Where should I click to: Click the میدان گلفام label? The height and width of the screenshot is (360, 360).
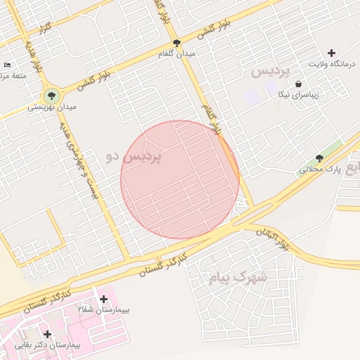pos(195,53)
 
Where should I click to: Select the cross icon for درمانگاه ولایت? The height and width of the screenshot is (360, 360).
pos(332,53)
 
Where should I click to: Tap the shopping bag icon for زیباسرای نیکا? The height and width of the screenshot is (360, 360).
pos(299,83)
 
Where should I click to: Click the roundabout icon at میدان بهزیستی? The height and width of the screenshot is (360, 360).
pos(51,94)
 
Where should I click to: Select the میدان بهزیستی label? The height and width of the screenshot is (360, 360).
pos(52,108)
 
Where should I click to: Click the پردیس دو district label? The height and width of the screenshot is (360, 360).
pos(134,157)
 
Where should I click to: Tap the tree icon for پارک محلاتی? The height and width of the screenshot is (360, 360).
pos(320,158)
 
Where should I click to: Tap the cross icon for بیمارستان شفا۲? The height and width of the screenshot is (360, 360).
pos(103,299)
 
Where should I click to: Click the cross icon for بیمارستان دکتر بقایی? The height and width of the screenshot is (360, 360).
pos(47,334)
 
